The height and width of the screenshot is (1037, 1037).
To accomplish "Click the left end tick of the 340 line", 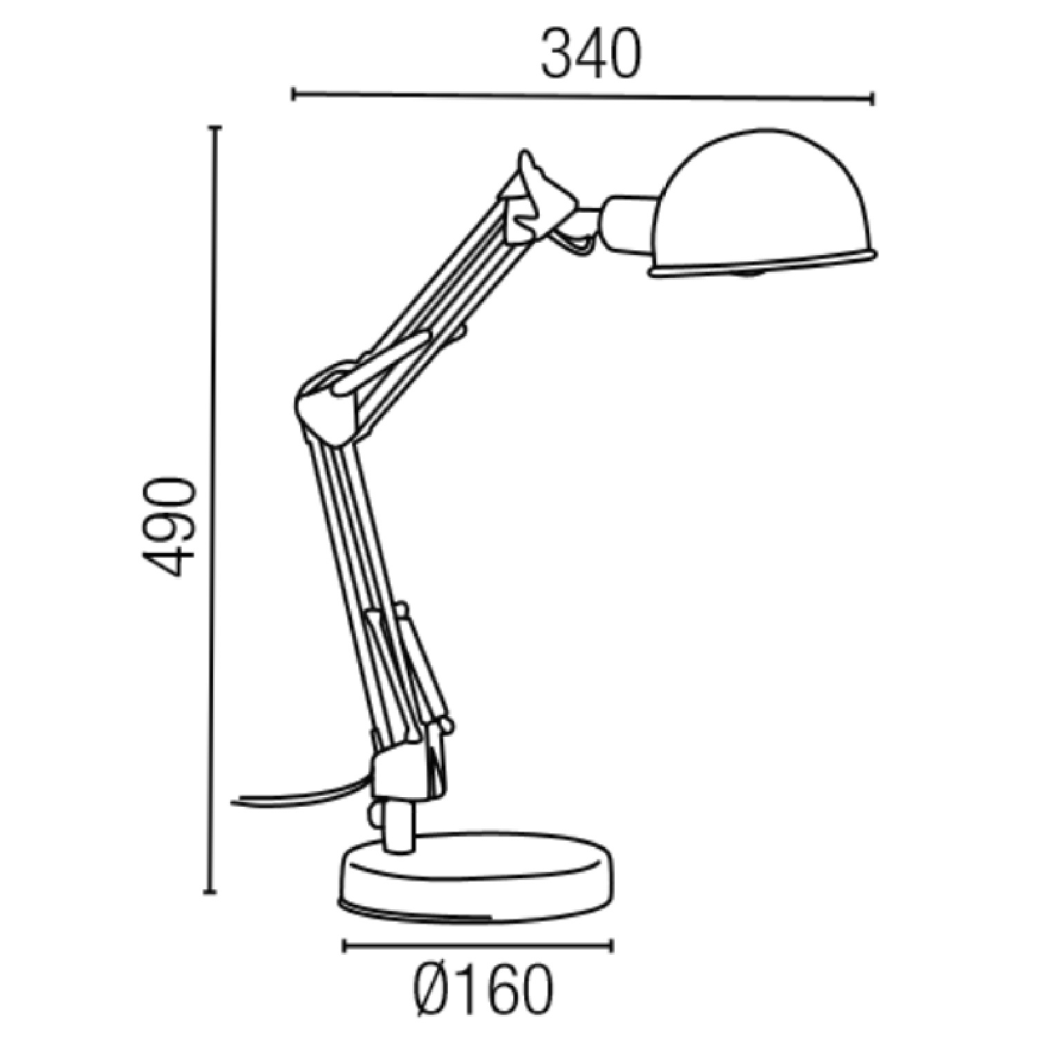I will click(x=294, y=94).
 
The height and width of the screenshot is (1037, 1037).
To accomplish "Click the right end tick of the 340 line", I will click(x=872, y=98).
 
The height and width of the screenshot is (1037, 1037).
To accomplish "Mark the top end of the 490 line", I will click(x=215, y=128).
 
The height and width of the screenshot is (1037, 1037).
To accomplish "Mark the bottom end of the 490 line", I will click(x=212, y=893).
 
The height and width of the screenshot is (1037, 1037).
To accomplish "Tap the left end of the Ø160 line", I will click(x=344, y=945).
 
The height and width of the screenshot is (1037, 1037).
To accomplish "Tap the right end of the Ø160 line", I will click(x=611, y=945).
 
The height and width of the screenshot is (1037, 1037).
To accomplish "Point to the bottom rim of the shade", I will click(x=760, y=266).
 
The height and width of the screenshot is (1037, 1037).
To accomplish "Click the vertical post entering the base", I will click(x=398, y=826).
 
